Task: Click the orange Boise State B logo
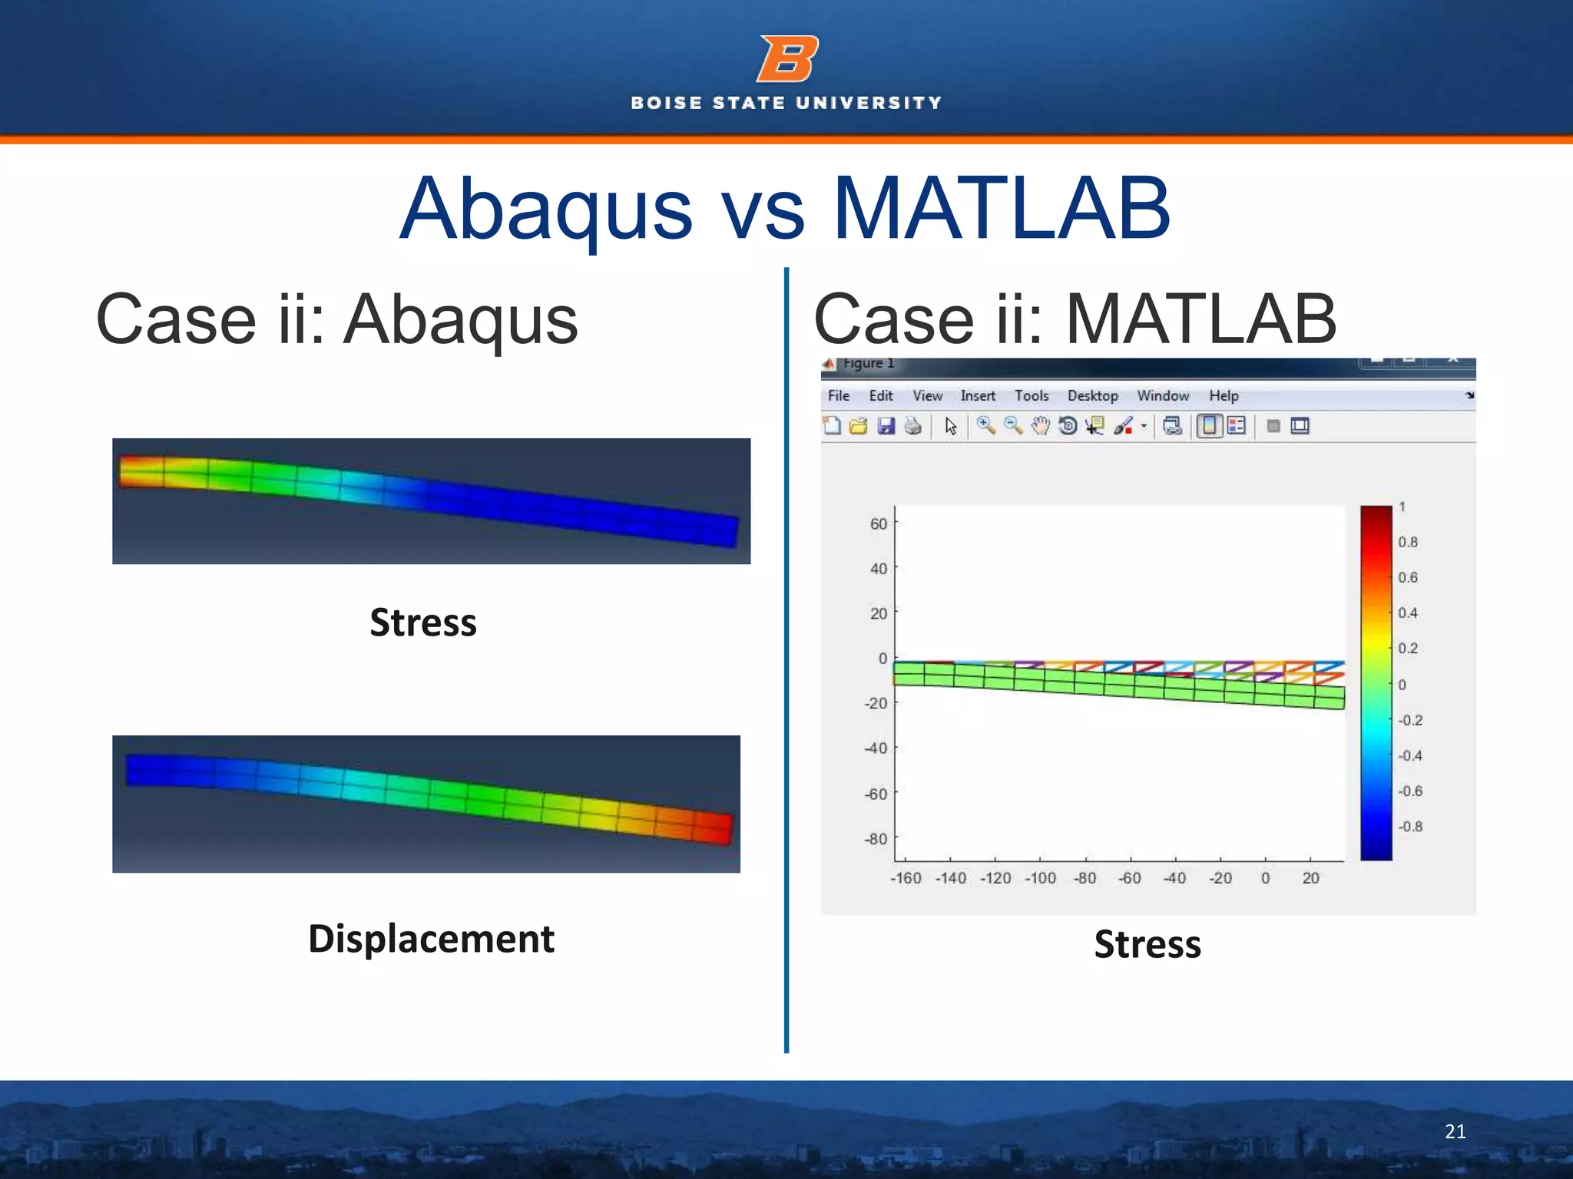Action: pos(786,58)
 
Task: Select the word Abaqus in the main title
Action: pos(546,209)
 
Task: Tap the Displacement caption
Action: pos(431,939)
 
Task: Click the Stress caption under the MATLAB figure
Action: pos(1147,944)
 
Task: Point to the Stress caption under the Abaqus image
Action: pos(423,622)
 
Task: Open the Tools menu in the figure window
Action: pos(1031,396)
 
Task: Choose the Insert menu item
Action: pos(977,396)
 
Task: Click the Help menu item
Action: pos(1224,396)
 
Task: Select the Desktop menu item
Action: pos(1092,396)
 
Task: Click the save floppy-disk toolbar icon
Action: pos(886,426)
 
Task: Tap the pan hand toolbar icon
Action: pos(1040,426)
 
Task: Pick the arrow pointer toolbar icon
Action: pos(951,426)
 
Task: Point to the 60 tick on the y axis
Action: pos(878,523)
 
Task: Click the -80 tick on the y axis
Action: pos(876,839)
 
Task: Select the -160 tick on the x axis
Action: pos(906,878)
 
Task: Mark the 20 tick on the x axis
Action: pos(1310,878)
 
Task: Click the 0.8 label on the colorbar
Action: pos(1407,542)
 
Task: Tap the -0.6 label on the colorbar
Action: pos(1409,791)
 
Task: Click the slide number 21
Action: pos(1455,1131)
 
